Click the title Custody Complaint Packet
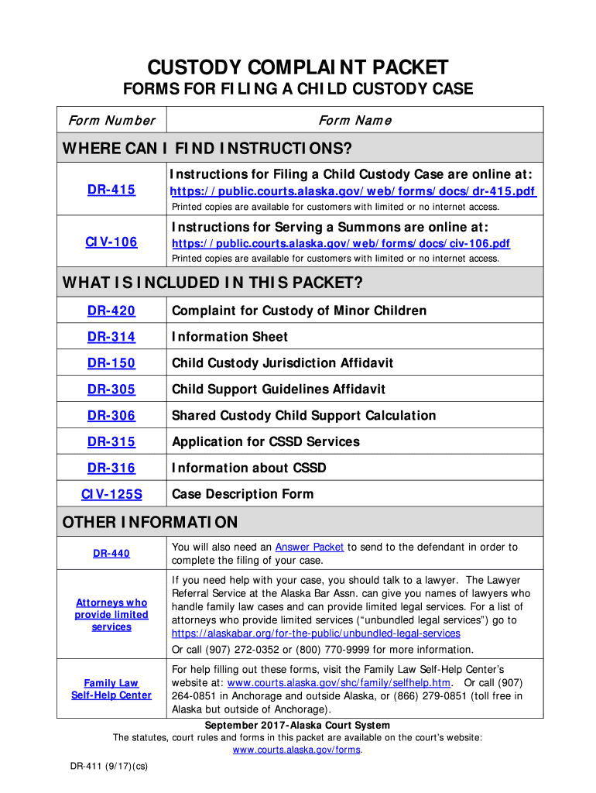(298, 67)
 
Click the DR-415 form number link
(111, 190)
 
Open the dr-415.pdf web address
(353, 191)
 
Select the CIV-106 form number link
(111, 242)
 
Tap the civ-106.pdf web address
(341, 243)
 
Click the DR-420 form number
(111, 311)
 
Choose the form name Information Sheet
(230, 337)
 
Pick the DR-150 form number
(111, 363)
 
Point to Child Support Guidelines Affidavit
(279, 390)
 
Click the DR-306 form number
(111, 416)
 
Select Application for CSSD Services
(265, 442)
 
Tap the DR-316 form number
(111, 469)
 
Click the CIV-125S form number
(111, 494)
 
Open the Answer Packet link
(310, 547)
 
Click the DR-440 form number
(111, 554)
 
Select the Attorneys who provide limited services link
(111, 615)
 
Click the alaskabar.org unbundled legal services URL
(316, 633)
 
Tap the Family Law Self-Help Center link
(111, 689)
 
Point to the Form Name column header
(355, 120)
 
